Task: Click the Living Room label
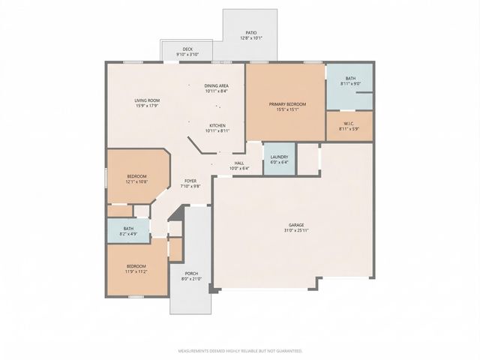pyautogui.click(x=146, y=100)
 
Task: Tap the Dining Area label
pyautogui.click(x=217, y=86)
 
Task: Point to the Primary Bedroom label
pyautogui.click(x=285, y=104)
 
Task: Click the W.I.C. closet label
pyautogui.click(x=349, y=124)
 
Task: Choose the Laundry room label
pyautogui.click(x=279, y=157)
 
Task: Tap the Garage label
pyautogui.click(x=297, y=225)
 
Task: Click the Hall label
pyautogui.click(x=239, y=163)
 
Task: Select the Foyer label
pyautogui.click(x=190, y=181)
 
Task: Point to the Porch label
pyautogui.click(x=190, y=274)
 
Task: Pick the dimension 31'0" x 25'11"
pyautogui.click(x=297, y=230)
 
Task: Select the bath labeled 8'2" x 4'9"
pyautogui.click(x=128, y=231)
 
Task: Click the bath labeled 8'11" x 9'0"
pyautogui.click(x=350, y=81)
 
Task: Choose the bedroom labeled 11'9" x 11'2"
pyautogui.click(x=136, y=268)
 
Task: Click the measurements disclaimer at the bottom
pyautogui.click(x=239, y=350)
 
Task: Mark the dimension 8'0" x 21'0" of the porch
pyautogui.click(x=190, y=279)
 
